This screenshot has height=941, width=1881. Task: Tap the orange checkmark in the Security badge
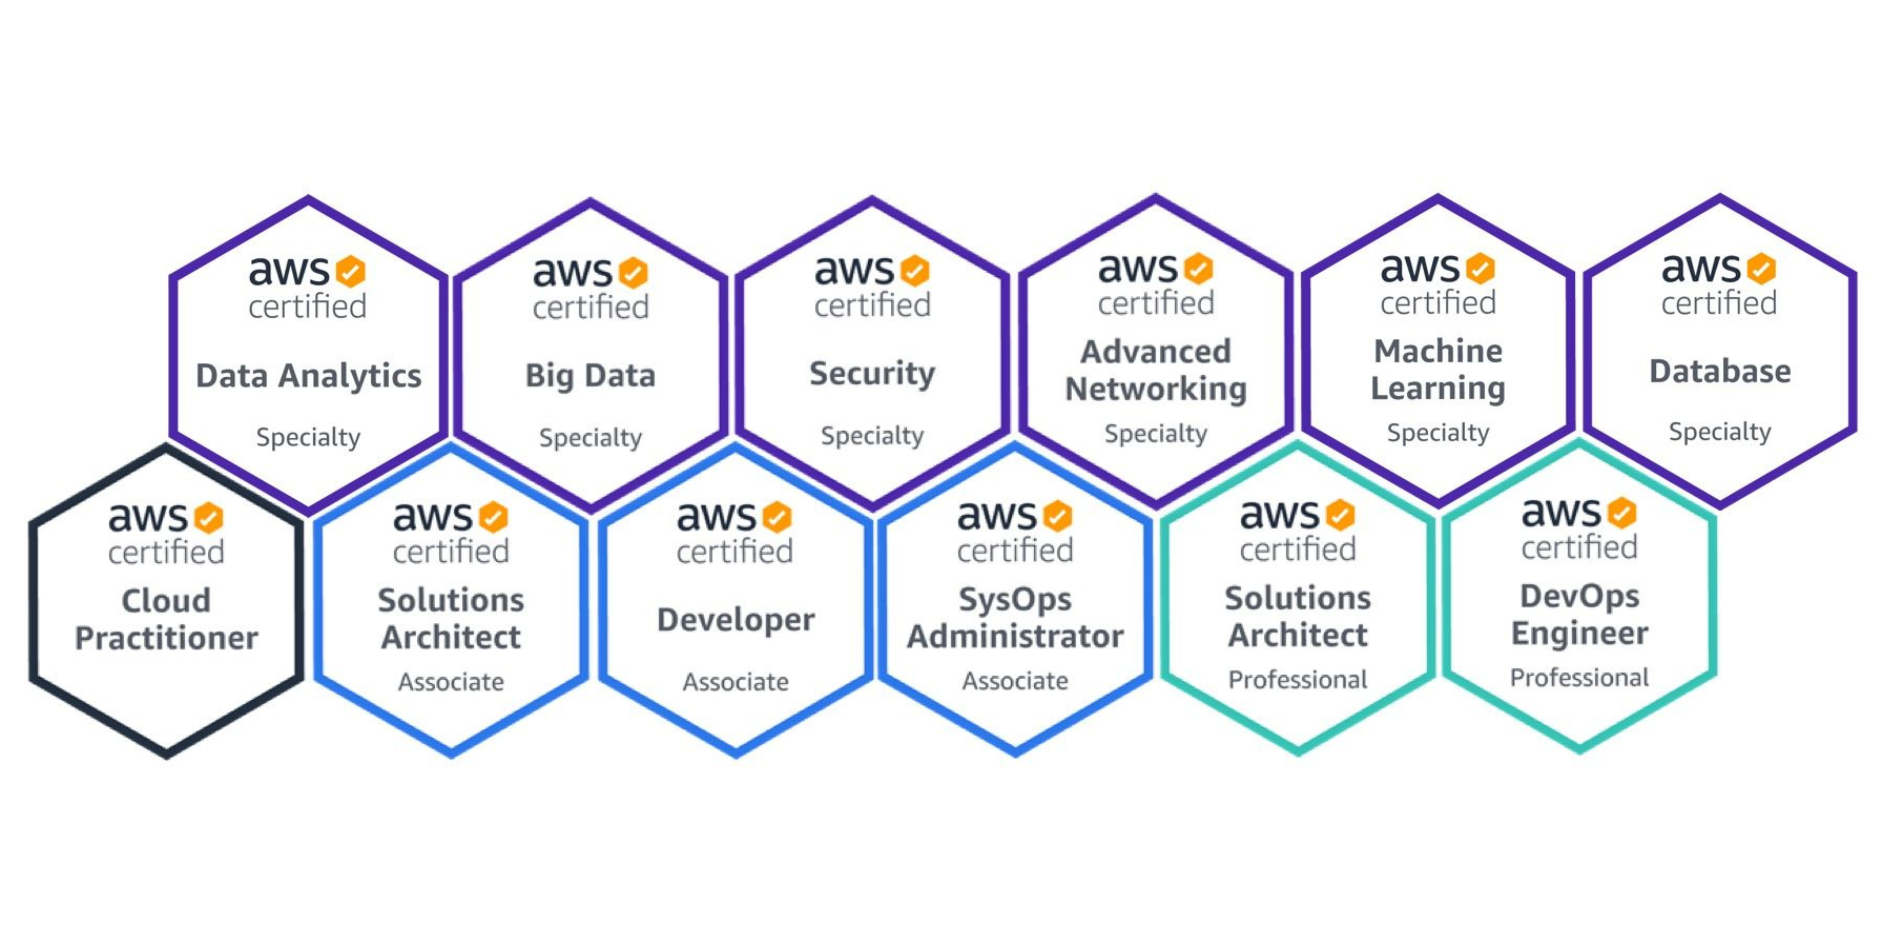(915, 270)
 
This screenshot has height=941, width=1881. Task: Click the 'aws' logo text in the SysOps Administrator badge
(997, 516)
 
